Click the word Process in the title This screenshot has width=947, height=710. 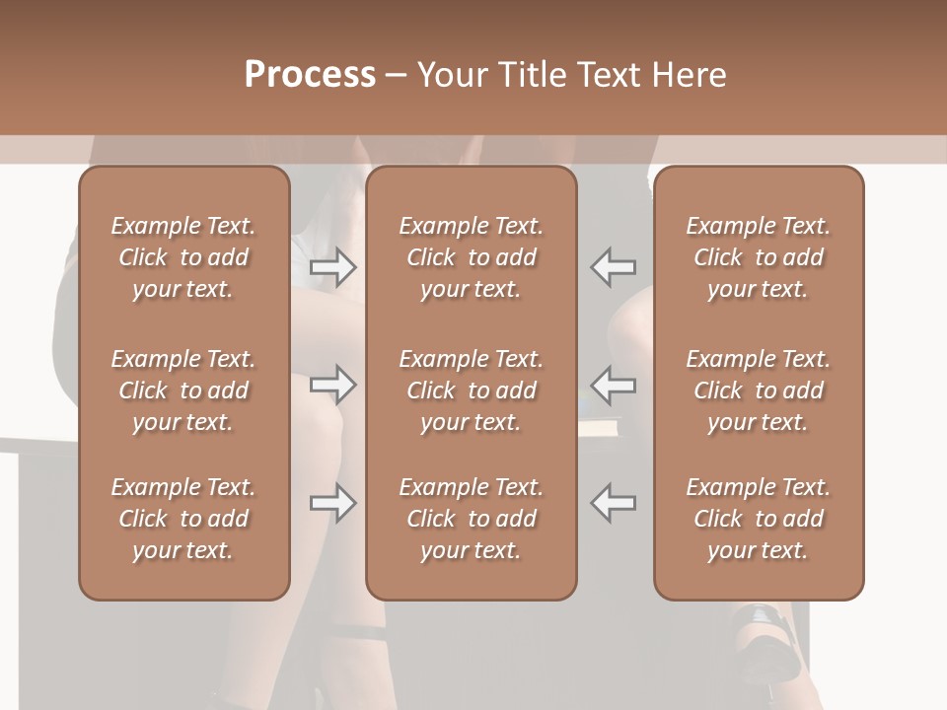[x=310, y=74]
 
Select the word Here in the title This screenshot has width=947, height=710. [x=684, y=74]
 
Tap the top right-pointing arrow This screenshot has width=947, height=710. [x=333, y=267]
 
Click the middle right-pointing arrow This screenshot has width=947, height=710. [x=333, y=385]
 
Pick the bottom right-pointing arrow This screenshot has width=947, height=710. [x=333, y=503]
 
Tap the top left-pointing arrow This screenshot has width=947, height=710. [x=613, y=267]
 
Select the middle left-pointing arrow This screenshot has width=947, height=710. [x=613, y=385]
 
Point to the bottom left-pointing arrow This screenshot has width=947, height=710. [x=613, y=503]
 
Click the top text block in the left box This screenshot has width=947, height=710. [x=183, y=257]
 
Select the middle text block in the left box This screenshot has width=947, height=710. [x=183, y=390]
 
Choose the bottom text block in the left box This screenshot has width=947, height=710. [x=183, y=519]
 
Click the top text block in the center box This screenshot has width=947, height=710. [x=471, y=257]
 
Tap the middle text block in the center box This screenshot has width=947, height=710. [x=471, y=390]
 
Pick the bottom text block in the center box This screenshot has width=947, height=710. [x=471, y=519]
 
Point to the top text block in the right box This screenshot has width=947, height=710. [x=758, y=257]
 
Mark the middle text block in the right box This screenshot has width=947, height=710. [x=758, y=390]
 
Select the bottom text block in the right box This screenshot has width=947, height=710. [x=758, y=519]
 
